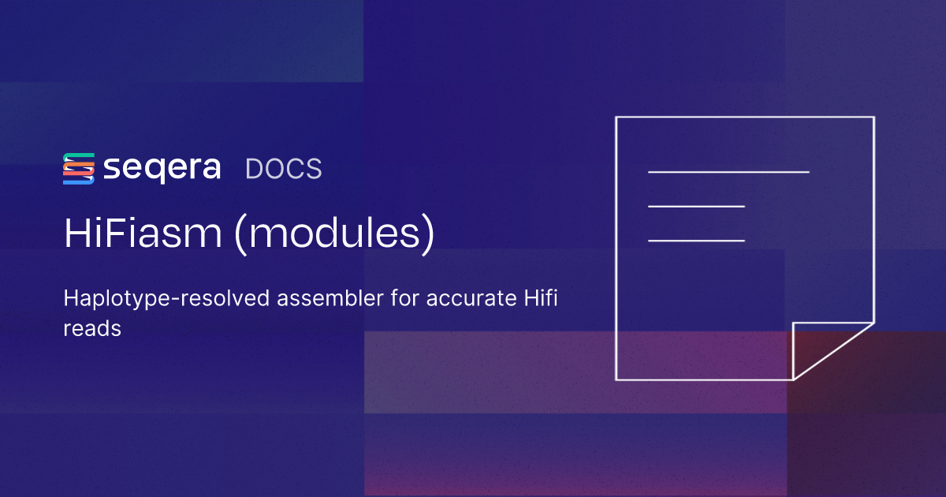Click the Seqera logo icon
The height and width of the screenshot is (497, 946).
point(79,169)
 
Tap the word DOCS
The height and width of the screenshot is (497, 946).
point(284,169)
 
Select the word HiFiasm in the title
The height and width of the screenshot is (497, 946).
point(143,234)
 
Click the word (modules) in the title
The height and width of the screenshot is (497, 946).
point(335,235)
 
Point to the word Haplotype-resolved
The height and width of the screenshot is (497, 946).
point(147,300)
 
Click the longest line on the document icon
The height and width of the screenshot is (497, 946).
point(728,171)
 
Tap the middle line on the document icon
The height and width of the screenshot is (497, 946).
point(696,206)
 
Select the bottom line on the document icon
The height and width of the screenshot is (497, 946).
point(696,240)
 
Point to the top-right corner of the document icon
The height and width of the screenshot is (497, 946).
point(873,118)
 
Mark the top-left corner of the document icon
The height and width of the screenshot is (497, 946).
point(616,118)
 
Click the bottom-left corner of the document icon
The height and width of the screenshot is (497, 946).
point(616,379)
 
